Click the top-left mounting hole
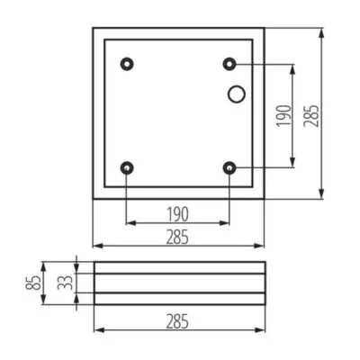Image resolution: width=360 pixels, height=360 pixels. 127,64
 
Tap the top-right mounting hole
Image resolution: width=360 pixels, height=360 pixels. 230,64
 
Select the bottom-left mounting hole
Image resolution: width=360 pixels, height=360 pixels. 127,167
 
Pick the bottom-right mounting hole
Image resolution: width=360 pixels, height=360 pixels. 230,167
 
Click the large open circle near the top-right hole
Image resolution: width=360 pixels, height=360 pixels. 238,93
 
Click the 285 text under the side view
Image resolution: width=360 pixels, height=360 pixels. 178,320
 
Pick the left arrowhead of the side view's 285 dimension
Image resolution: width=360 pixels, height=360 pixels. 97,329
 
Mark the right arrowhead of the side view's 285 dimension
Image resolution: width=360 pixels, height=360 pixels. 261,329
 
